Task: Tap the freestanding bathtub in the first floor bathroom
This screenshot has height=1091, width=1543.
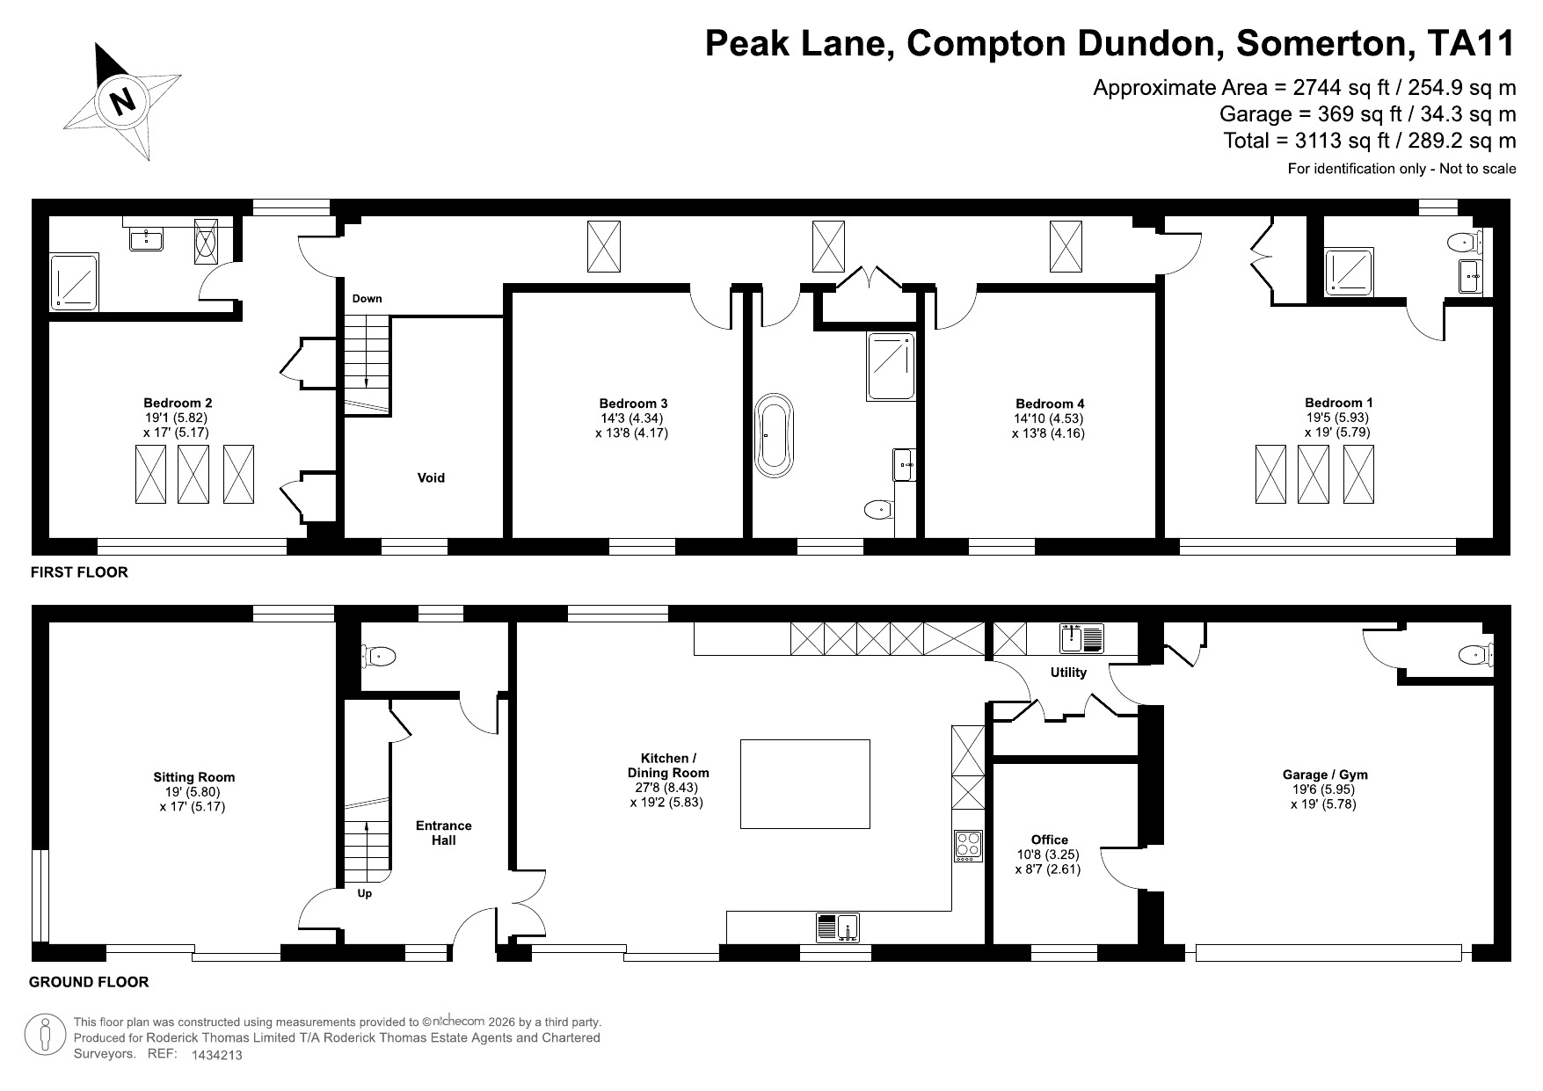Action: (775, 436)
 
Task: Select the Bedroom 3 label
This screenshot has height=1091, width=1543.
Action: (631, 404)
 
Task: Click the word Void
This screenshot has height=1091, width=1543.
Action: (431, 478)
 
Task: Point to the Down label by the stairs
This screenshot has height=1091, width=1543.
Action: (367, 299)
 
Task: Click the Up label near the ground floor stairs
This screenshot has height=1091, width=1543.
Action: (365, 894)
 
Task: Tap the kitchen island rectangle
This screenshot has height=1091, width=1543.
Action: (804, 784)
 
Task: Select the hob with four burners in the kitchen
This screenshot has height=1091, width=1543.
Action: (968, 846)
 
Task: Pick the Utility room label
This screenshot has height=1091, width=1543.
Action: (1068, 673)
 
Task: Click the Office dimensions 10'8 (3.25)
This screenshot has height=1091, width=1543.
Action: (1047, 855)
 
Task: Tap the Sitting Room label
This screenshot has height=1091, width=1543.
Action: (193, 777)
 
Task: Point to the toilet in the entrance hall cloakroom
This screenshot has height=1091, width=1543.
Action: (379, 655)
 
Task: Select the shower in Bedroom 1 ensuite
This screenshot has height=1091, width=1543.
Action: (1349, 271)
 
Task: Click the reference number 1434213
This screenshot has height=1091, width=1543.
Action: (216, 1055)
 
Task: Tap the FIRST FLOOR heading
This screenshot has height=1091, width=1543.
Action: (79, 572)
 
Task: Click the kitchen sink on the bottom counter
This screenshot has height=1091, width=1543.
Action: (847, 927)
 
